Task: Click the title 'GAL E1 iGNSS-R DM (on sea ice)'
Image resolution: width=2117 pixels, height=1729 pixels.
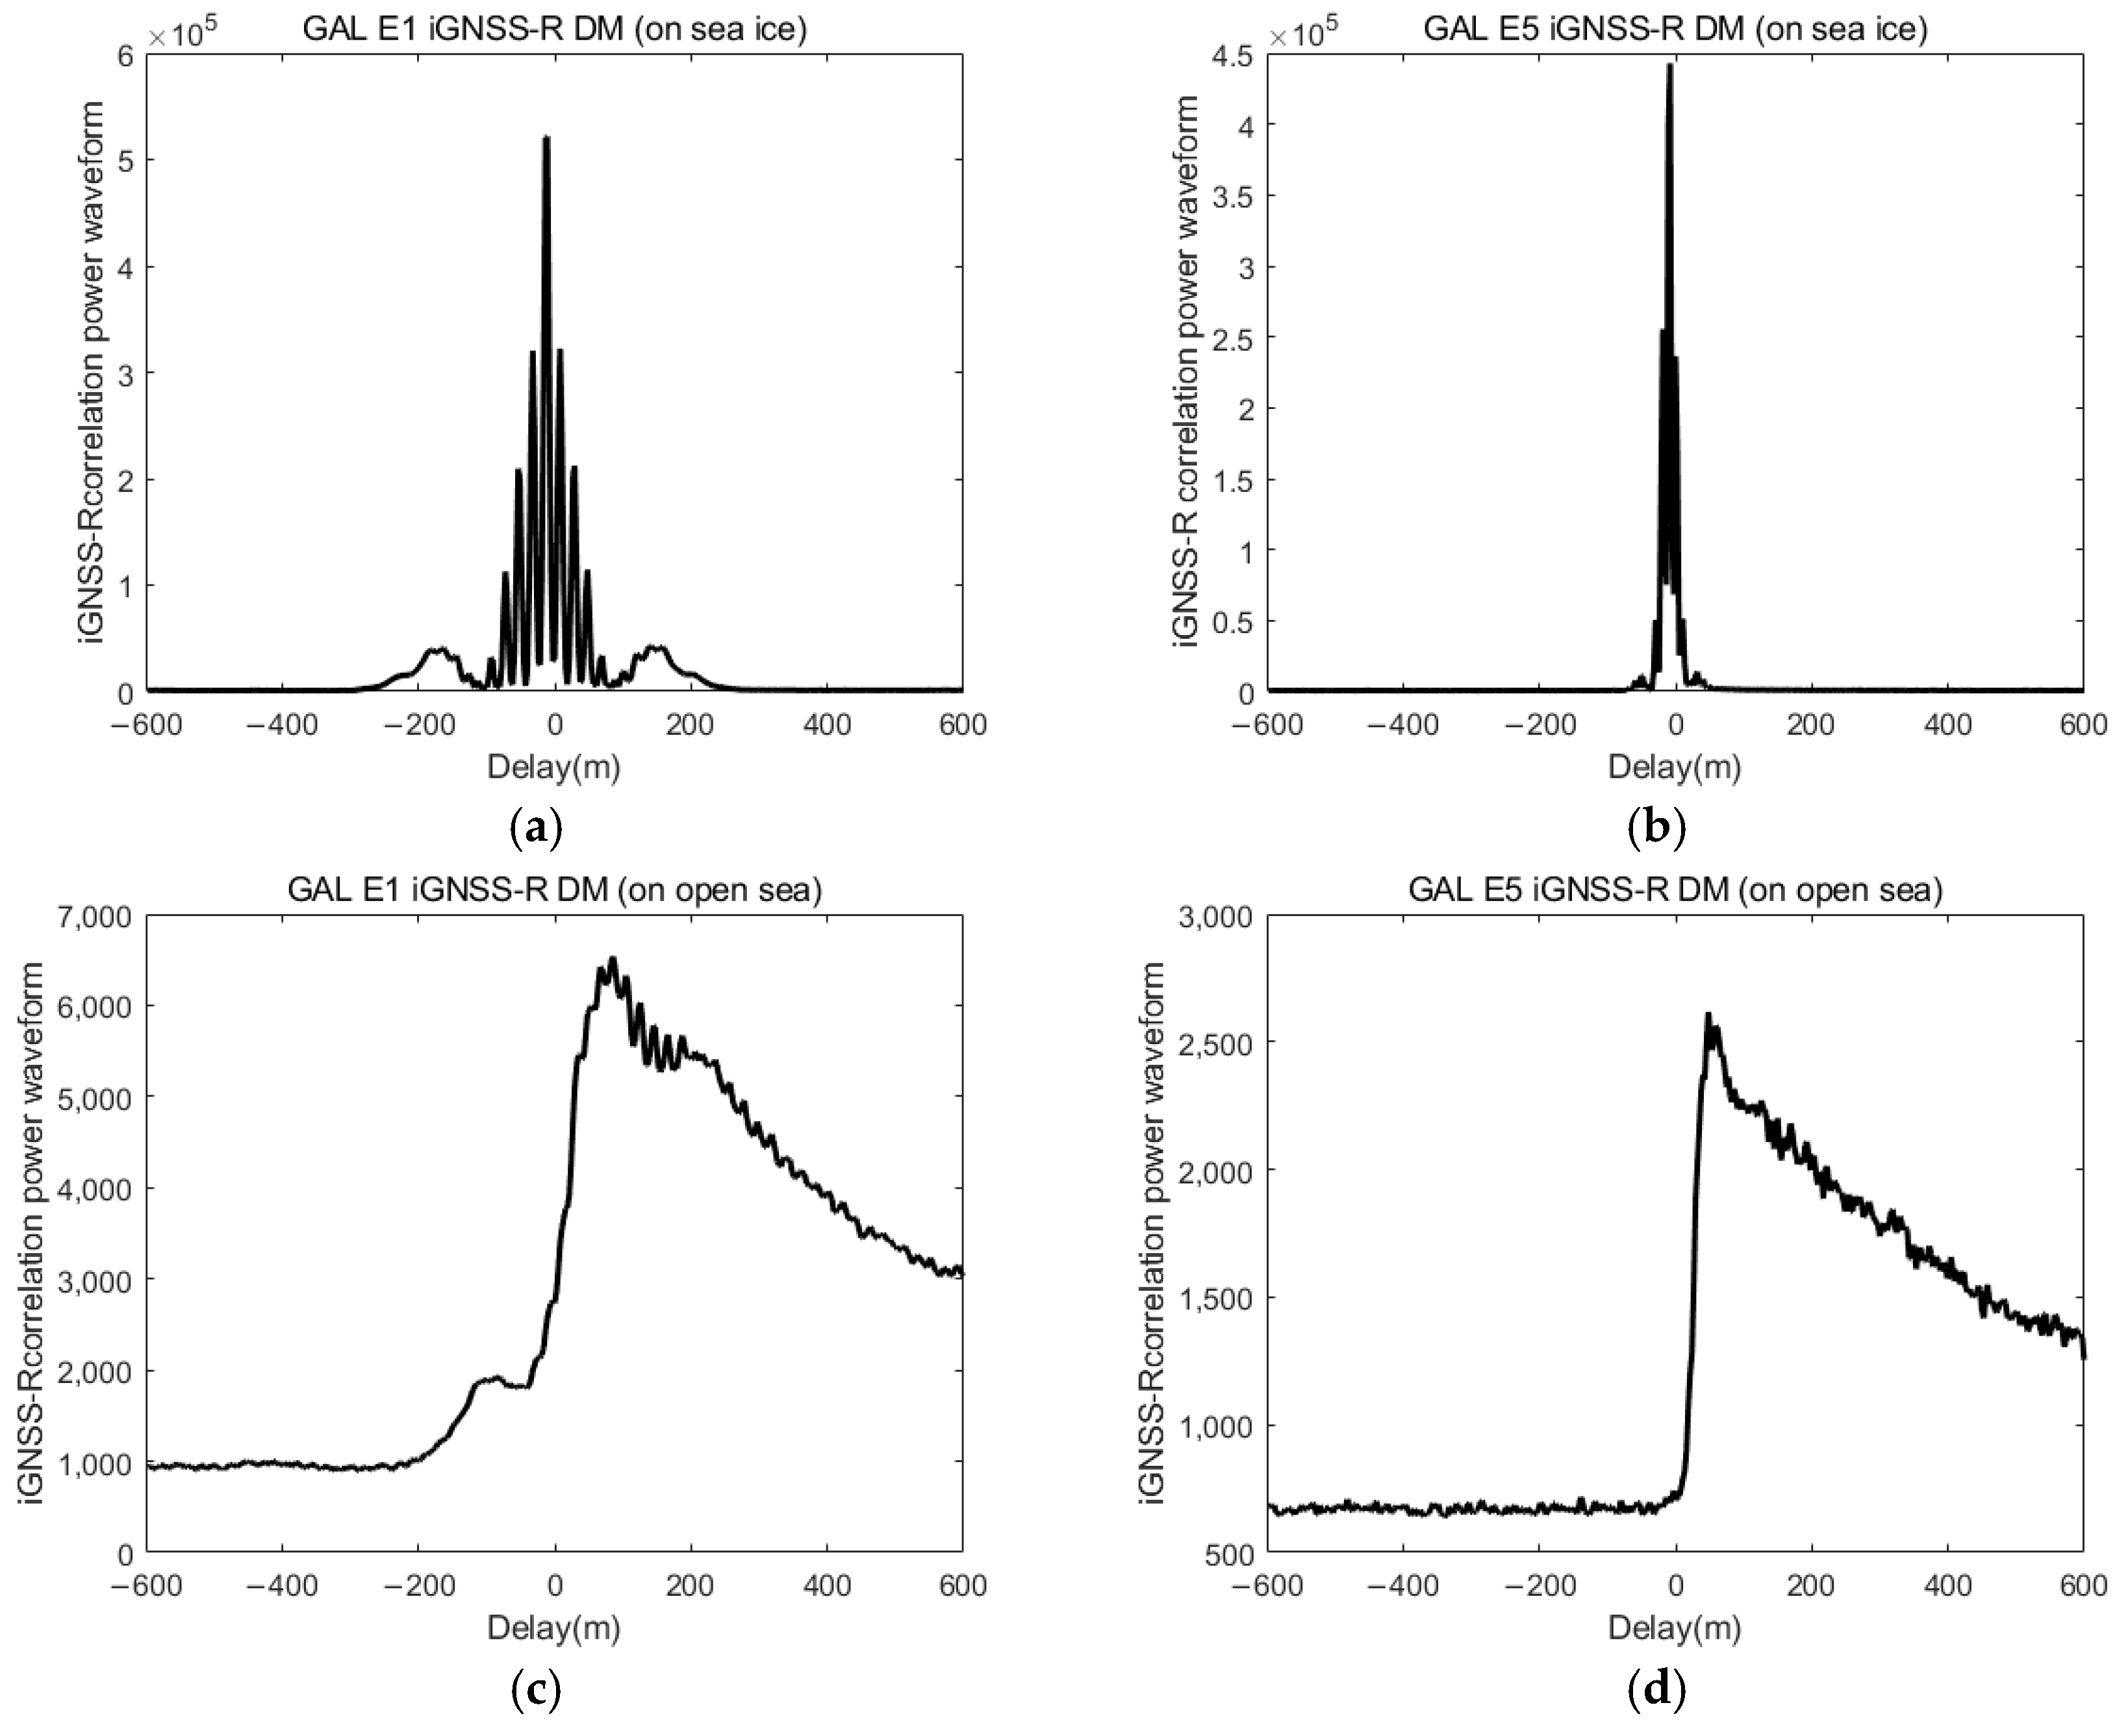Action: point(554,28)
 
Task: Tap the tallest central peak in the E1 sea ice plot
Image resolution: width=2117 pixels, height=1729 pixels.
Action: point(546,140)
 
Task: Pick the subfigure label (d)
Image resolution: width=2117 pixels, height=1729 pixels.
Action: point(1656,1688)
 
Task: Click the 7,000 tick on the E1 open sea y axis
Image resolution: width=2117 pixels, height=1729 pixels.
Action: point(103,915)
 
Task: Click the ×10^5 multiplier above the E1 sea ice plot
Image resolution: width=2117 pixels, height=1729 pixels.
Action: point(181,36)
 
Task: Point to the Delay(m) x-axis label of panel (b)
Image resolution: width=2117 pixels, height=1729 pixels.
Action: point(1675,767)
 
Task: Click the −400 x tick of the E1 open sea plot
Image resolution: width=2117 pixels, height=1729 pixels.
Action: point(282,1585)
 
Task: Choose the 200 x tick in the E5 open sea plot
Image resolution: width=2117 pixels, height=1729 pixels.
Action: point(1810,1585)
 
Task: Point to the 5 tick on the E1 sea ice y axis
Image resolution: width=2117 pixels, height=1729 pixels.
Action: point(125,160)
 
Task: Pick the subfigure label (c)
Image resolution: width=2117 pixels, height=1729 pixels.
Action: point(536,1688)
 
